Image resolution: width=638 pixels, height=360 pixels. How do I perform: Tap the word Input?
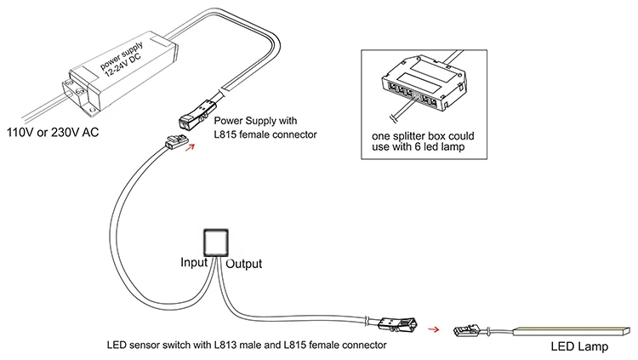(x=193, y=263)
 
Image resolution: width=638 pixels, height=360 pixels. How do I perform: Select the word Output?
(x=243, y=264)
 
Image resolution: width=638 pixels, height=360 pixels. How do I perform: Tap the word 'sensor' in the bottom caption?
(x=148, y=346)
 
